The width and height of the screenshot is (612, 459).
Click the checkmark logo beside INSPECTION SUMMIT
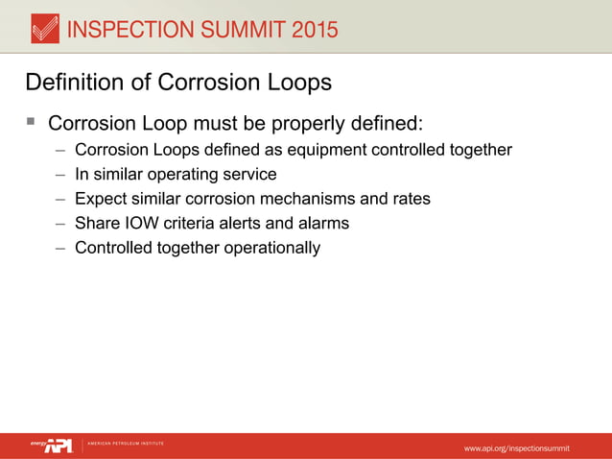[x=44, y=30]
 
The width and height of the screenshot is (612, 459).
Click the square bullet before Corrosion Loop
[x=31, y=123]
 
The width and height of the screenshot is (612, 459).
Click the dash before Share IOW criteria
[x=60, y=224]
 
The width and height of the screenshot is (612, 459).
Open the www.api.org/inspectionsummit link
[x=516, y=448]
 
